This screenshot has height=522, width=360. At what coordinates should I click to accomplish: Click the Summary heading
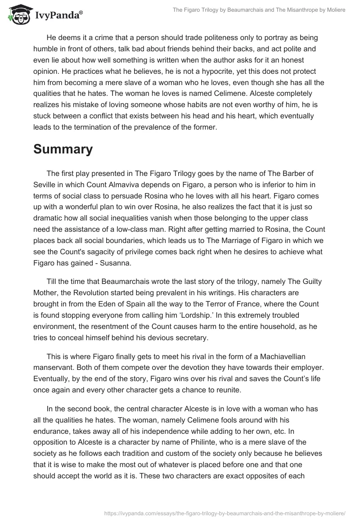[x=63, y=149]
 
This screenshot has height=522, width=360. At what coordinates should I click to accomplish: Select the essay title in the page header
[x=259, y=10]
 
